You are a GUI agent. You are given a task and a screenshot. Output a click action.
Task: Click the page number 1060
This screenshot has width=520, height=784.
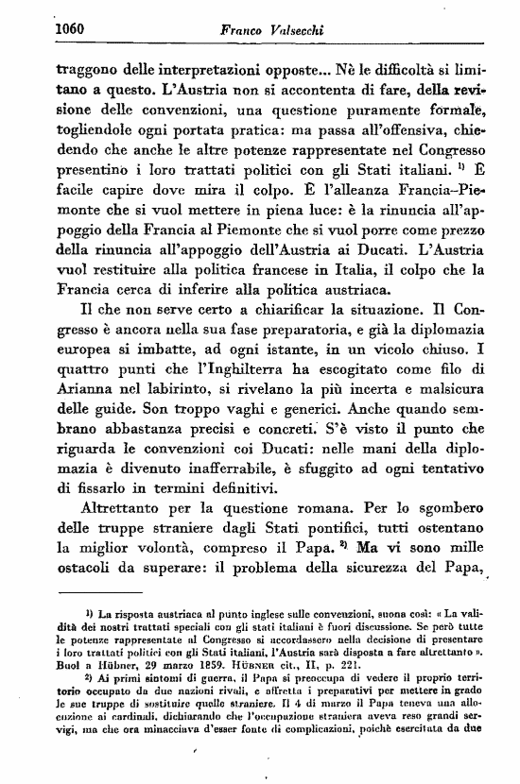34,28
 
